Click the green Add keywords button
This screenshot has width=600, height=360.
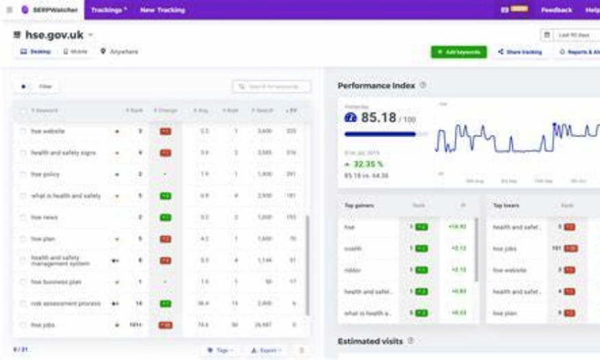click(x=459, y=51)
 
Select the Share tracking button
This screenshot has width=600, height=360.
click(x=519, y=51)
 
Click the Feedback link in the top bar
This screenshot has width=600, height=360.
click(x=555, y=10)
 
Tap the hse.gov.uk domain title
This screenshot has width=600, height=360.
click(x=53, y=35)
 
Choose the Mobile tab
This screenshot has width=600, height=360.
click(x=75, y=51)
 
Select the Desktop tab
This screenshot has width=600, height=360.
click(x=36, y=51)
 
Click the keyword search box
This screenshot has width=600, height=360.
click(x=272, y=87)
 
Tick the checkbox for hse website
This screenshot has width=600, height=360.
click(x=23, y=131)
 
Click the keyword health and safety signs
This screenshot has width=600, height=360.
click(x=63, y=153)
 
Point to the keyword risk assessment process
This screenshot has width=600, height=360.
click(x=66, y=303)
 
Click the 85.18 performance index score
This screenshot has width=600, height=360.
click(x=379, y=118)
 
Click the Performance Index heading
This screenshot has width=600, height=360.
click(x=376, y=86)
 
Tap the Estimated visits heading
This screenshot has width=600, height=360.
click(x=370, y=341)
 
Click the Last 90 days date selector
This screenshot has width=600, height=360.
click(x=571, y=35)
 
